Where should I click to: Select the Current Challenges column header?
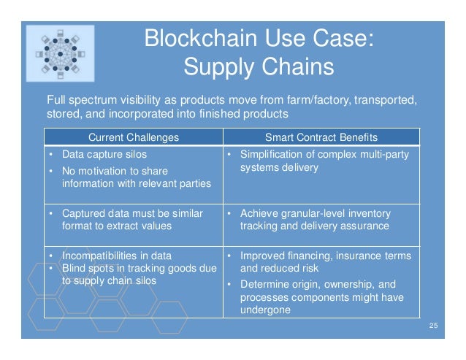(x=133, y=137)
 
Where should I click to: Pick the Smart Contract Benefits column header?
(x=321, y=137)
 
